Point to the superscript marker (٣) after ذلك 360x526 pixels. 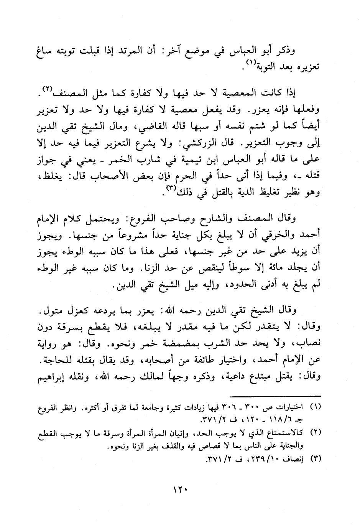pos(169,188)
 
